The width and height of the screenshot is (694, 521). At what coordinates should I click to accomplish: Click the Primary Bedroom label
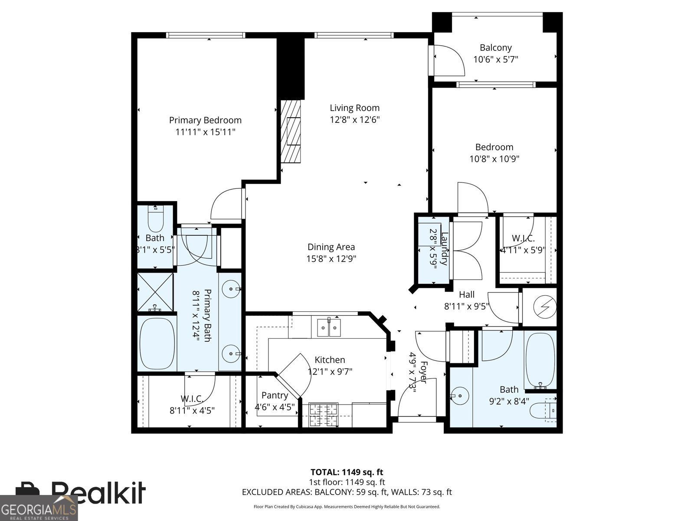coord(205,120)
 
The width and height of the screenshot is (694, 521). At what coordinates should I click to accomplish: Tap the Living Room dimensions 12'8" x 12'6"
coord(354,120)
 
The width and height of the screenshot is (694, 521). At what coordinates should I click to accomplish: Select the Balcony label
coord(495,48)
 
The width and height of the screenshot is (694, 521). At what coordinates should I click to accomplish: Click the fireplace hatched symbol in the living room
coord(291,131)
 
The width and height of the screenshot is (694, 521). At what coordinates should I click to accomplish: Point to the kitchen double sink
coord(328,327)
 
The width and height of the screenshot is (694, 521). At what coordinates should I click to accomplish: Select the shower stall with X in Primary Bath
coord(155,292)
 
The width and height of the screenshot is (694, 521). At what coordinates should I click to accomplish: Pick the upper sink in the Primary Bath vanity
coord(231,288)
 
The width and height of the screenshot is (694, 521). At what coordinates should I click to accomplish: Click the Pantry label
coord(275,396)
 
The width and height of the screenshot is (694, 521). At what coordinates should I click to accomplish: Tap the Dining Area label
coord(331,247)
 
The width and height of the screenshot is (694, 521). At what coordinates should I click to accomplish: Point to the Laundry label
coord(444,249)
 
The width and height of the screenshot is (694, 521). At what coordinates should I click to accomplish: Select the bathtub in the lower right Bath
coord(540,360)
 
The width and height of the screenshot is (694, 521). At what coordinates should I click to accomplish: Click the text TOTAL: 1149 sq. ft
coord(347,472)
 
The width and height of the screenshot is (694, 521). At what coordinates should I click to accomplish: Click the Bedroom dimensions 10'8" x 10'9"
coord(494,159)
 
